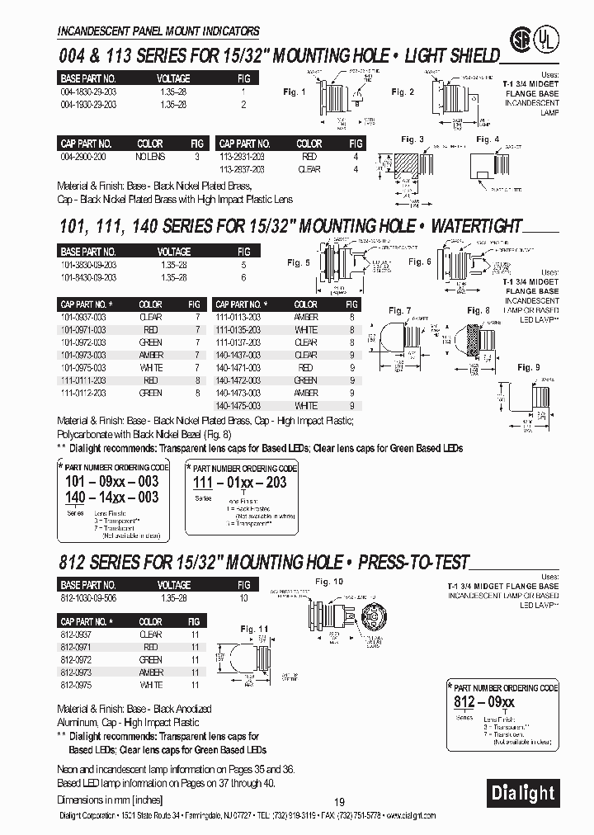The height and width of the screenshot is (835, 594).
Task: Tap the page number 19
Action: (338, 803)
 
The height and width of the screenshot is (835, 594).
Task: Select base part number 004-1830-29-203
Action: (88, 93)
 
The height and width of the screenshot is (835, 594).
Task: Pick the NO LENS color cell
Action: (150, 156)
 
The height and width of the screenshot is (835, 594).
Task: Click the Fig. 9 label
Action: (529, 367)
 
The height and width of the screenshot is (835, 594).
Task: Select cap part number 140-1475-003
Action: (238, 405)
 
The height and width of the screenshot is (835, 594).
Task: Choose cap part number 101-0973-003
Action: (83, 355)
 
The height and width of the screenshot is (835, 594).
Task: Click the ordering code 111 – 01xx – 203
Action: (239, 482)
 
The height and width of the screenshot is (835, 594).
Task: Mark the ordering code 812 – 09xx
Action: (483, 701)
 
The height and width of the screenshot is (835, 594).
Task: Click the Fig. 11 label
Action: (255, 628)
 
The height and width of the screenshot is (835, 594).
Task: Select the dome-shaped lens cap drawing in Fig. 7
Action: (391, 338)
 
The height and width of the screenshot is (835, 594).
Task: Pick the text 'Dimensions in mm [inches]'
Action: (111, 800)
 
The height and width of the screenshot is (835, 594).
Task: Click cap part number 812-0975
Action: (76, 685)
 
